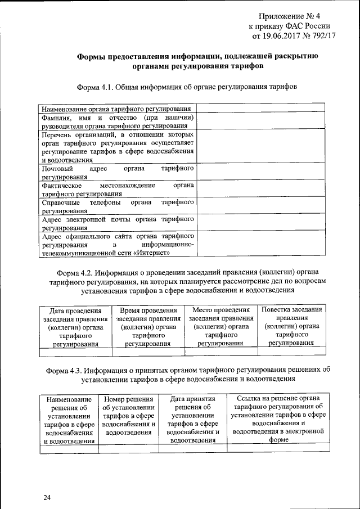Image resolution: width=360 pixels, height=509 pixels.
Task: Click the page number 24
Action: point(47,498)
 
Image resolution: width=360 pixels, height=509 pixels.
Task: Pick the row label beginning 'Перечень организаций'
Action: point(118,147)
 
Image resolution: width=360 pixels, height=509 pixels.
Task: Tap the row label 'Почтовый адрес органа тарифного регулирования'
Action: point(118,173)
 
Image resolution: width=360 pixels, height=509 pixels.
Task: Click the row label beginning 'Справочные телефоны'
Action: point(118,205)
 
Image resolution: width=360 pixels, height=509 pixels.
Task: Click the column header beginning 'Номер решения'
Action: point(129,416)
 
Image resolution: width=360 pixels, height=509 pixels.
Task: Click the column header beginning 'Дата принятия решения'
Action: point(192,419)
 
